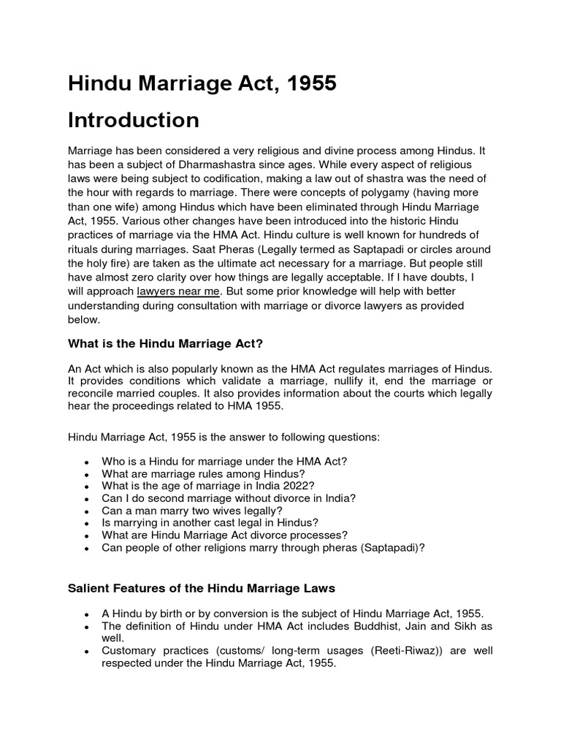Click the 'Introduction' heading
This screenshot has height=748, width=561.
point(133,121)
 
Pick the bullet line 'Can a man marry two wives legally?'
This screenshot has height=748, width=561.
point(192,510)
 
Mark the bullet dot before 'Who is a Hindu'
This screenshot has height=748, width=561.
point(86,462)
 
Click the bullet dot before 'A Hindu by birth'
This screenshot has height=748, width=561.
point(86,615)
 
